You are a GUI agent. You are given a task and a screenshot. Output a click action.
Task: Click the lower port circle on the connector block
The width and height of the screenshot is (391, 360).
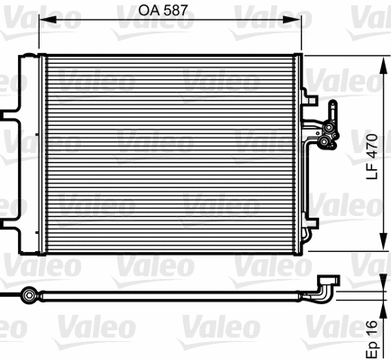pos(323,140)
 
